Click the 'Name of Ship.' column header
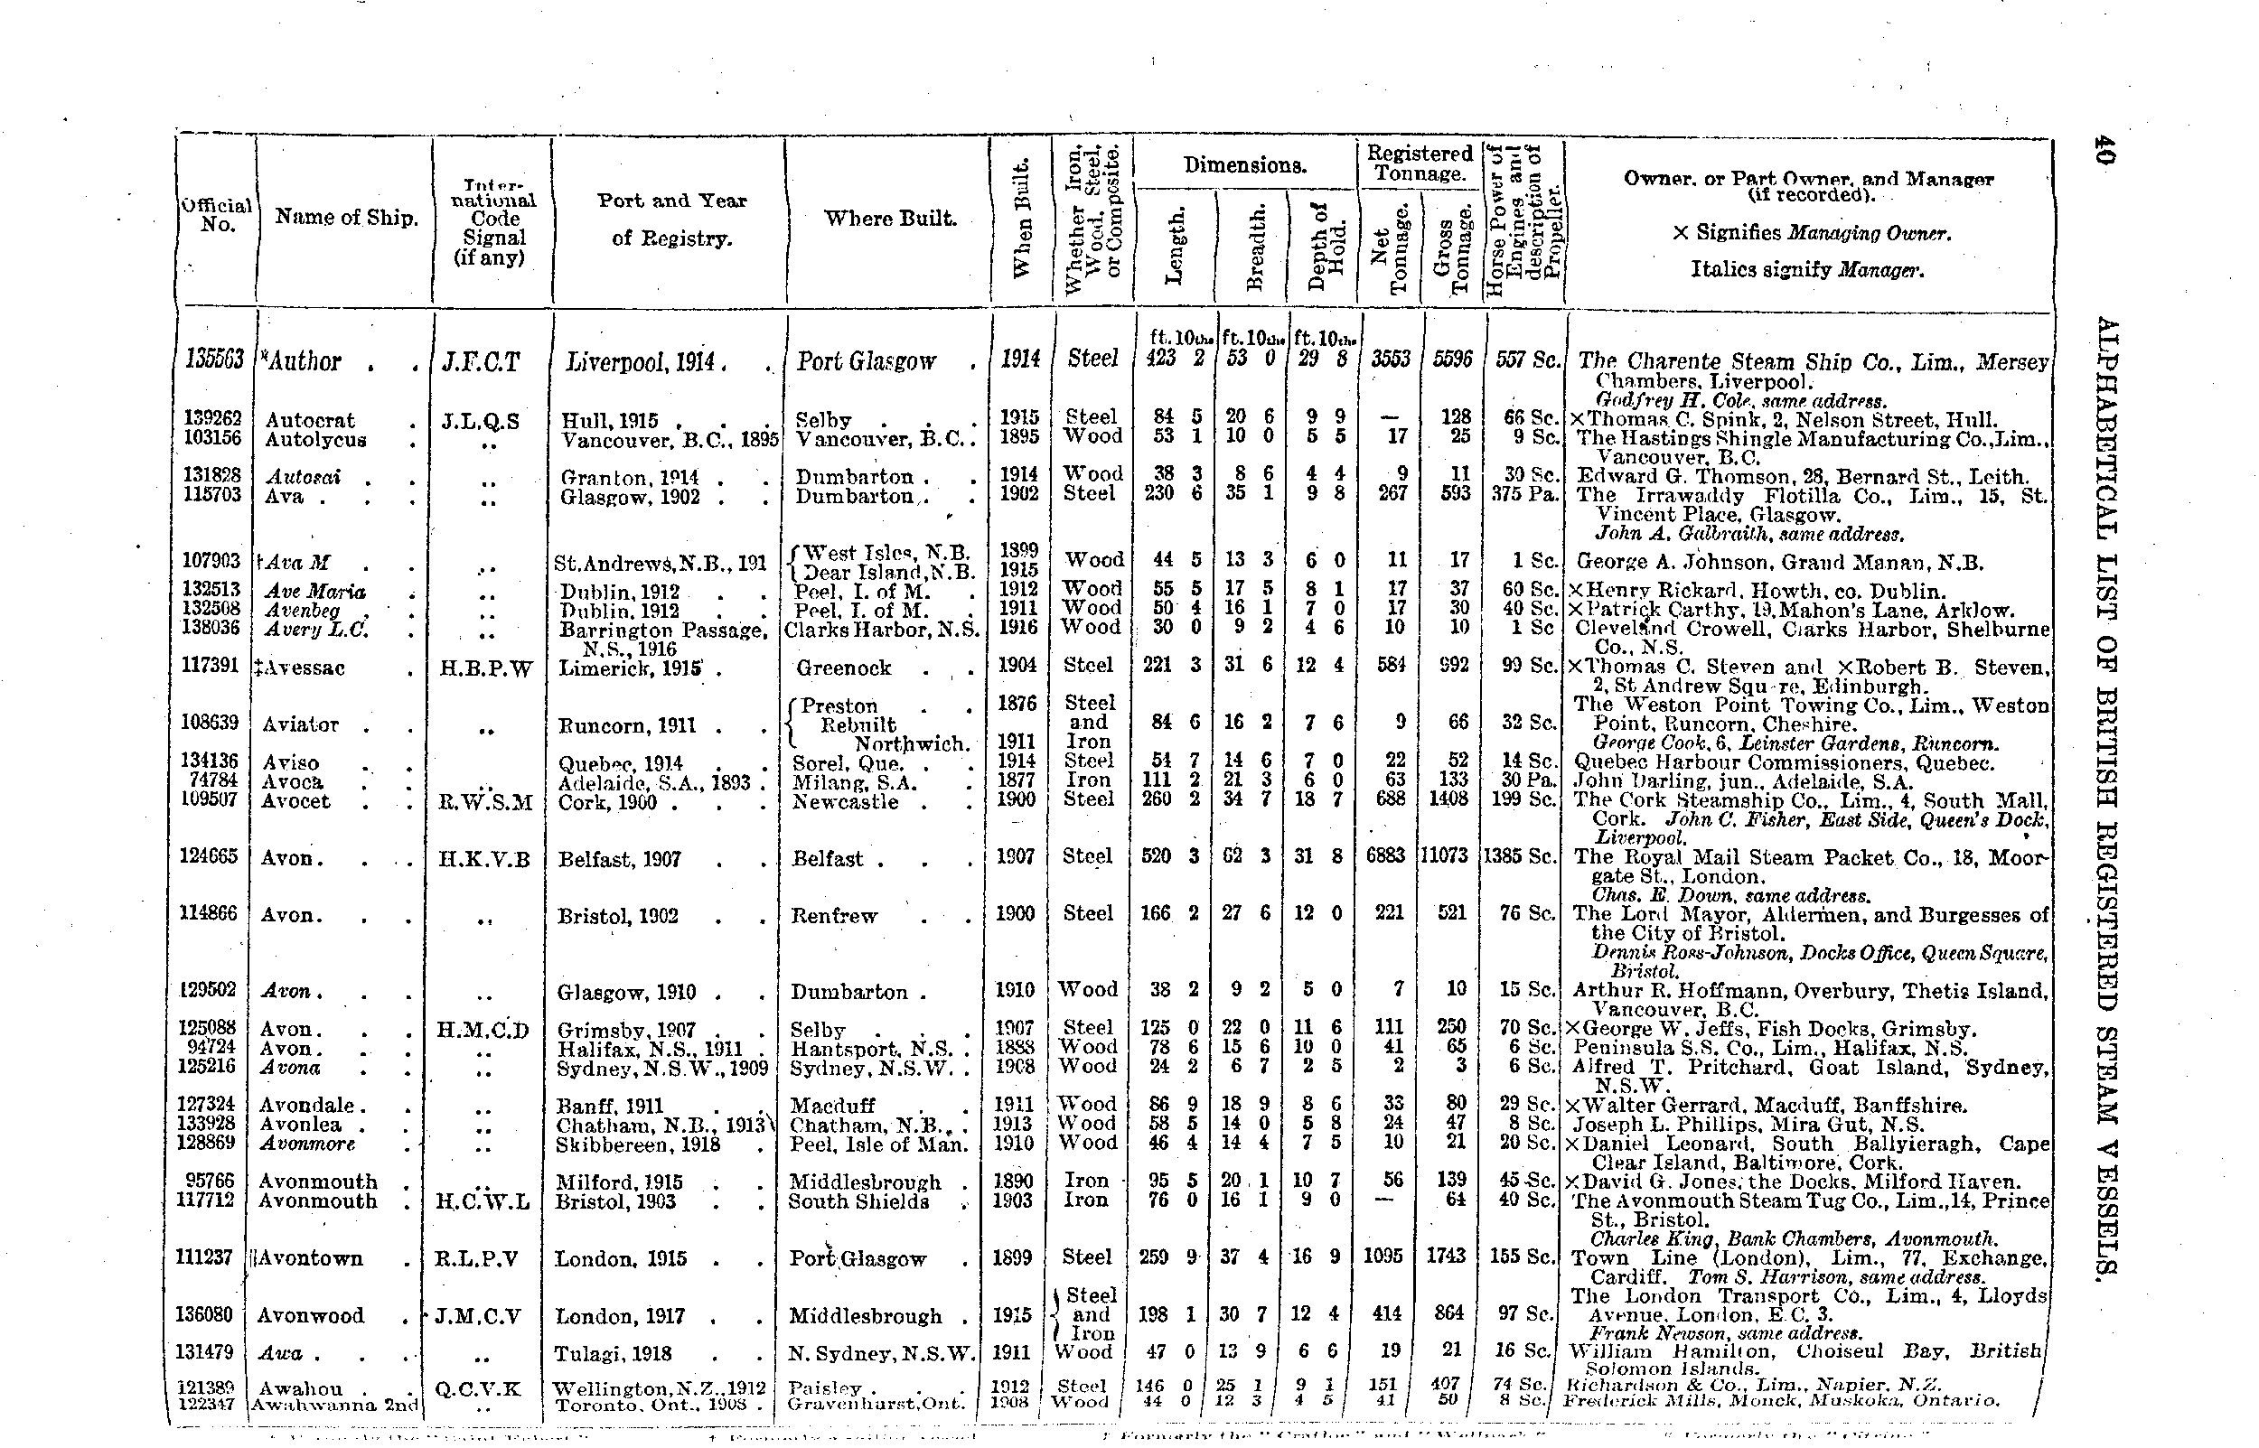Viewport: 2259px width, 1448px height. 346,218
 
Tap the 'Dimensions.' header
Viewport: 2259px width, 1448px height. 1245,166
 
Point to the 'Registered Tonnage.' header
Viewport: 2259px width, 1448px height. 1420,163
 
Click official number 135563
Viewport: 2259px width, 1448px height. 215,360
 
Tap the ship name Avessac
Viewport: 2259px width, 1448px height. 303,668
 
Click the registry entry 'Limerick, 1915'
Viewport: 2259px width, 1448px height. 630,668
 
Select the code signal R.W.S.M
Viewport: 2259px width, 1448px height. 485,802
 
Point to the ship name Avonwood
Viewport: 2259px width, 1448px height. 310,1315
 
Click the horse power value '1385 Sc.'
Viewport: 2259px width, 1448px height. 1519,856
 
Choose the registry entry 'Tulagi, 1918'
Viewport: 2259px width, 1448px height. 614,1354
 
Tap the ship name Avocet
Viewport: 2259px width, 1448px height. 295,801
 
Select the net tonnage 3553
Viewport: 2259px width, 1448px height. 1390,360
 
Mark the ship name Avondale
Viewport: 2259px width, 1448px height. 306,1106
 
